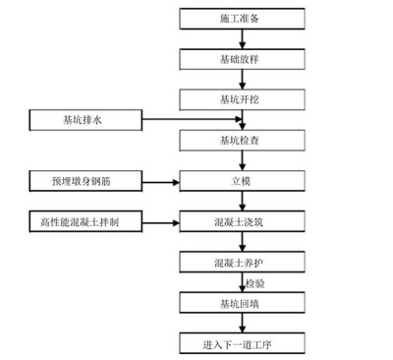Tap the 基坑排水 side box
(86, 121)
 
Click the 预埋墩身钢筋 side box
(86, 181)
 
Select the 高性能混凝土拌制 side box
(86, 221)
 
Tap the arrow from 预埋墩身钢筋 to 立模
(162, 181)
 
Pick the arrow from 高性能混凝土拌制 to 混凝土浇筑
(162, 221)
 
